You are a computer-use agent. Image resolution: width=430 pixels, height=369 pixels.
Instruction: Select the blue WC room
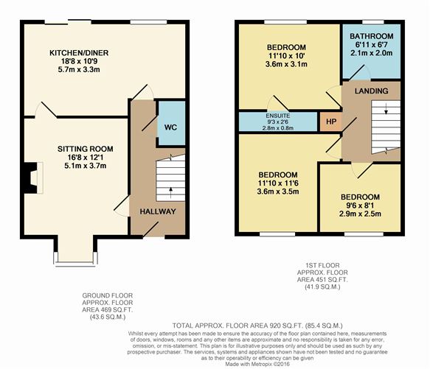tap(170, 126)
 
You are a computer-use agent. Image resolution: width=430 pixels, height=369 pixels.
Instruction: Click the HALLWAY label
tap(158, 211)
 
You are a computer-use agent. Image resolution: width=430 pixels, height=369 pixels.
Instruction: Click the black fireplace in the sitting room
tap(30, 178)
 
